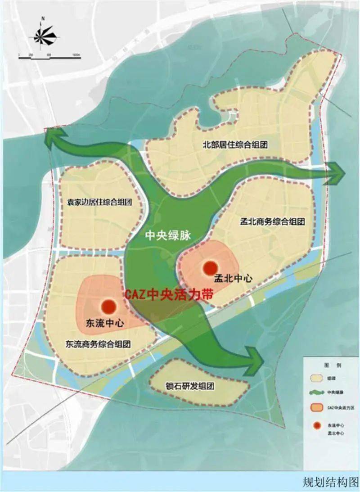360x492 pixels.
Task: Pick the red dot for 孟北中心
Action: [210, 268]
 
